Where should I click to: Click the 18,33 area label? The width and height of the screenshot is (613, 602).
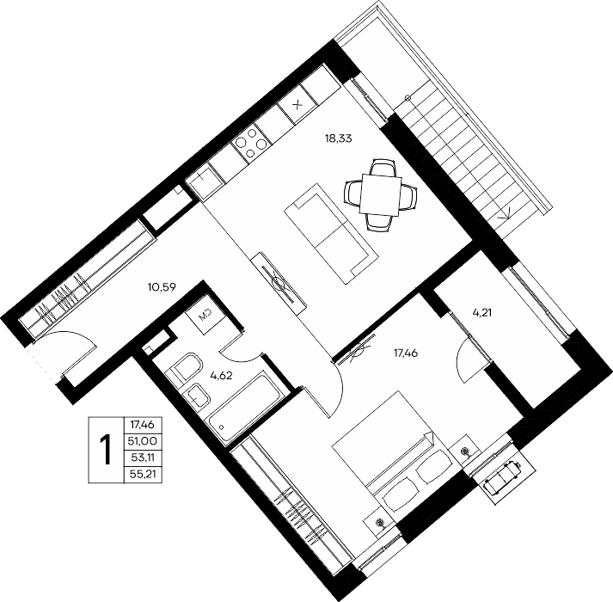click(339, 138)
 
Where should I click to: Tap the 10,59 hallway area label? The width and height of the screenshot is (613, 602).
click(162, 287)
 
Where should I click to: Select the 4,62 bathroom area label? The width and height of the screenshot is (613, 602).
click(221, 376)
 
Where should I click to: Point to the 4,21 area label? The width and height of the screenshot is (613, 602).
click(481, 312)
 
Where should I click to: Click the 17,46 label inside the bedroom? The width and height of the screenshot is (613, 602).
click(406, 353)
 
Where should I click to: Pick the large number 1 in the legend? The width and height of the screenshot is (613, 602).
click(106, 450)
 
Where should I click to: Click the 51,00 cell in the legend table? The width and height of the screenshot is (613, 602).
click(143, 441)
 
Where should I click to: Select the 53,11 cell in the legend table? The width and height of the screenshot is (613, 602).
click(143, 458)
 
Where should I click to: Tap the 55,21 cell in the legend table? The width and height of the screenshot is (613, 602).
click(143, 475)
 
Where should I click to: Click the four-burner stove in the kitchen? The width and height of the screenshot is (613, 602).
click(249, 144)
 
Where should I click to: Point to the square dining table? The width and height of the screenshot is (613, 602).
click(381, 194)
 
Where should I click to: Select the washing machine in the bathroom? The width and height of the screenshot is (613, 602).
click(205, 315)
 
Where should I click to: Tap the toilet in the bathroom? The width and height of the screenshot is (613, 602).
click(184, 368)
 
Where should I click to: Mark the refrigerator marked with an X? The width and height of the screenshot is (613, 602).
click(298, 104)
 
